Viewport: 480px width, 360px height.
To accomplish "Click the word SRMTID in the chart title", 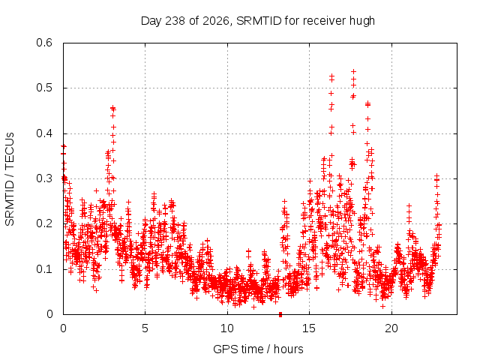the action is click(x=259, y=21).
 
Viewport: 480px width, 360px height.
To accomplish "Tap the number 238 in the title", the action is click(x=175, y=21).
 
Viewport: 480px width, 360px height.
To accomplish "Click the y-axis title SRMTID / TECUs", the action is click(x=10, y=179).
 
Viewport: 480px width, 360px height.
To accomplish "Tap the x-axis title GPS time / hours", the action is click(x=258, y=349).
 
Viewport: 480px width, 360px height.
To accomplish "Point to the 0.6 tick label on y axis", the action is click(x=44, y=43).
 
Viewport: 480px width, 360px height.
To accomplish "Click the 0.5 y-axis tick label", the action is click(x=44, y=88).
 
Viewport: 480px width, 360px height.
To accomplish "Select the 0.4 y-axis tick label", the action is click(x=44, y=133).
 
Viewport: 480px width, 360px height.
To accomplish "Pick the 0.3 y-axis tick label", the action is click(x=44, y=178).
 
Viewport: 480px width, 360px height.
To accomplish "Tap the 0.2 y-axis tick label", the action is click(x=44, y=223).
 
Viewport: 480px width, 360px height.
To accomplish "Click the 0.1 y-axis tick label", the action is click(x=44, y=269).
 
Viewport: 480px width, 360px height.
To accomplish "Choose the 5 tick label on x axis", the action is click(x=145, y=328).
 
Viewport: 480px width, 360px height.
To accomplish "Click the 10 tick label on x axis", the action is click(x=226, y=328).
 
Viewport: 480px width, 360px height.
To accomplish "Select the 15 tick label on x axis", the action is click(x=309, y=328).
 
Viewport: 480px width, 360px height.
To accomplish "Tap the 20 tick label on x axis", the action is click(x=391, y=328).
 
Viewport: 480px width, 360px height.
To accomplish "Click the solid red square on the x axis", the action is click(x=280, y=314).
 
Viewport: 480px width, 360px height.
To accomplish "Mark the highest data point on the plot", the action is click(x=353, y=72).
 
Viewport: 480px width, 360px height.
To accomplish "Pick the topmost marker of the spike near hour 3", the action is click(x=113, y=107).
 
